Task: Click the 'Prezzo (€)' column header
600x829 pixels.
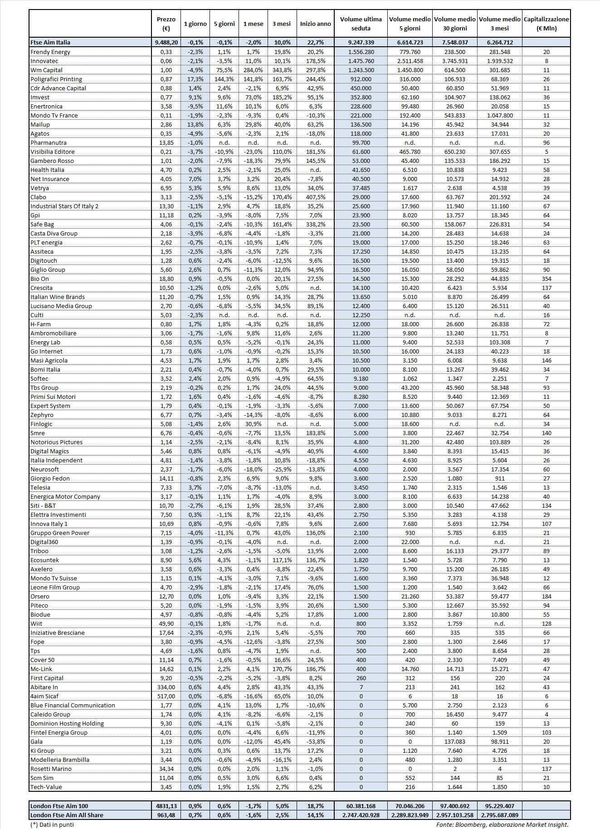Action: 166,24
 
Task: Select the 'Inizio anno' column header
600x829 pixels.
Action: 315,24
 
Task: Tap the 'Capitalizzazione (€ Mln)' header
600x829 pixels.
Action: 546,24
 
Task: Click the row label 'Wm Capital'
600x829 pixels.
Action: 46,70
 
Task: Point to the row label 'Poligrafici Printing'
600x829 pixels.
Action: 56,79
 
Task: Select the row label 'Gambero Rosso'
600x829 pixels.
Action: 52,161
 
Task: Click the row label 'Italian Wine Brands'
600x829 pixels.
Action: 58,297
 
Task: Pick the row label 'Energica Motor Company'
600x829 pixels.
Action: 65,496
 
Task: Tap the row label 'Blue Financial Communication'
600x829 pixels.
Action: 73,705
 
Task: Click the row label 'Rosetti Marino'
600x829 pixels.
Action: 51,769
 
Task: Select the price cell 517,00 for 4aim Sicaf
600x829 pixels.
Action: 166,696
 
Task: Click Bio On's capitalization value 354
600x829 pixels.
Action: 546,279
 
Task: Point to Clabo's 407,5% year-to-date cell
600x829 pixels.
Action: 315,197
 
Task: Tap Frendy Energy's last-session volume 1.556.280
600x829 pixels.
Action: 361,52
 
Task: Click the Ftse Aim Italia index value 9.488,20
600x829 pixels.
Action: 166,42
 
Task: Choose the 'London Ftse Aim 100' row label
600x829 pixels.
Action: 59,806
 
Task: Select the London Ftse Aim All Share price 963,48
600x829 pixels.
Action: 166,815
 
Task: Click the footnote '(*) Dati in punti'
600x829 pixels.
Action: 52,824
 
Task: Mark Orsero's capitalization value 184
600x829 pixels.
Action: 546,596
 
